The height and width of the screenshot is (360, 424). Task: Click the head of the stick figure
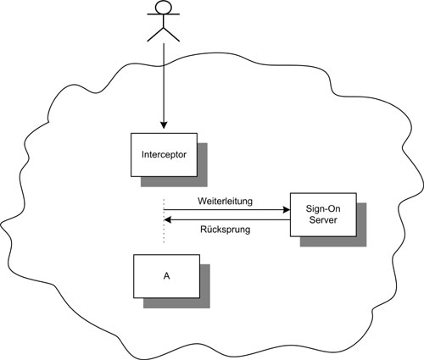[x=164, y=7]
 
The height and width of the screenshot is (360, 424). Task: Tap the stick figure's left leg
[x=155, y=35]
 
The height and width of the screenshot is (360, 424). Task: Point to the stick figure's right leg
[x=171, y=35]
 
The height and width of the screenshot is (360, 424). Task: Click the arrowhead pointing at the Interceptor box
[x=164, y=125]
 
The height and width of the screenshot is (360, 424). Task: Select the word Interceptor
[x=164, y=155]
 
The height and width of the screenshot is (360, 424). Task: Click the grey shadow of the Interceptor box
[x=202, y=169]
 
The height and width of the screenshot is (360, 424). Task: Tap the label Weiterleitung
[x=225, y=202]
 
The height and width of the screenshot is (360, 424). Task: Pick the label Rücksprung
[x=226, y=230]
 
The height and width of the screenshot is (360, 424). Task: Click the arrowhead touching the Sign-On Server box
[x=287, y=210]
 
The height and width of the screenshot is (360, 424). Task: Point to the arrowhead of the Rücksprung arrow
[x=168, y=219]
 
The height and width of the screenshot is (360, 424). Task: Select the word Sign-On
[x=323, y=209]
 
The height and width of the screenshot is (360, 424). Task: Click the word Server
[x=323, y=220]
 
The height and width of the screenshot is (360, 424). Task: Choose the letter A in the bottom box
[x=166, y=276]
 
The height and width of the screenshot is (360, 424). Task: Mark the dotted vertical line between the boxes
[x=164, y=221]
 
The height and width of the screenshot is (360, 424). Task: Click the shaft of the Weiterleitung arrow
[x=224, y=210]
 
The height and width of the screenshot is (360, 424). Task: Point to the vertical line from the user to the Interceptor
[x=164, y=83]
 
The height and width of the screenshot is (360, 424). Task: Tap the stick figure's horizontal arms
[x=164, y=14]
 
